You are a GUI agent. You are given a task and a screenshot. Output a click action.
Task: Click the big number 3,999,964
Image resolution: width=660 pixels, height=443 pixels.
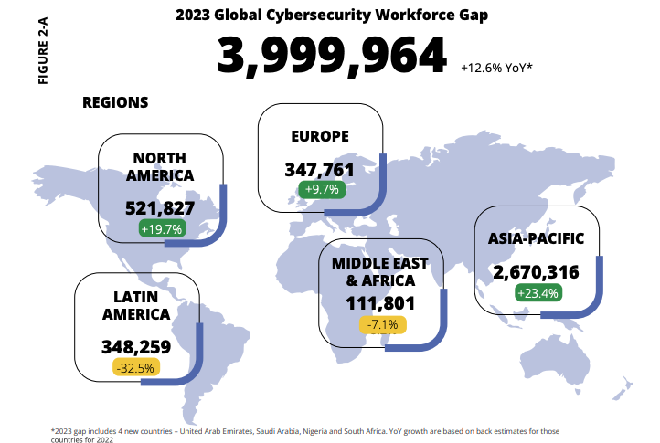click(331, 57)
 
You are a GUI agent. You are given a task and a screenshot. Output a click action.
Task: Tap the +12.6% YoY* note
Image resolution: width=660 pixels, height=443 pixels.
click(496, 68)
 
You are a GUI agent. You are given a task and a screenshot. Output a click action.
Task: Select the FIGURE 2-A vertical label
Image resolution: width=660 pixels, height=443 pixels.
click(42, 50)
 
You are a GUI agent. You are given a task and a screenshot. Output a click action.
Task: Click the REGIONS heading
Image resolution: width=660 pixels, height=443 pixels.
click(115, 102)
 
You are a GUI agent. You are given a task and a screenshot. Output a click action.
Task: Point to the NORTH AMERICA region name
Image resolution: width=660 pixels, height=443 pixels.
click(160, 166)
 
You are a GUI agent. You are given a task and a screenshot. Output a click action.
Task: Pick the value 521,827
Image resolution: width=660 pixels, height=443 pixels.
click(160, 208)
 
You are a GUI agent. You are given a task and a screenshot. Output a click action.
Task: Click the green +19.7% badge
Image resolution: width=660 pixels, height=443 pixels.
click(161, 228)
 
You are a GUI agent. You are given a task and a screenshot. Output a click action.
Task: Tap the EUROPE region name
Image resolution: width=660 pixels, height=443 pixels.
click(320, 136)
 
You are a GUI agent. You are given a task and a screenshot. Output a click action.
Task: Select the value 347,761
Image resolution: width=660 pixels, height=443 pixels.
click(319, 170)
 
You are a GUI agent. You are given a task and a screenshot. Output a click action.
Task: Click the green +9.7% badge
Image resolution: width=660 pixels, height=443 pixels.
click(320, 190)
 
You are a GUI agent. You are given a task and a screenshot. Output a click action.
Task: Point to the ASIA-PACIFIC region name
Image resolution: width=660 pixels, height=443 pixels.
click(538, 238)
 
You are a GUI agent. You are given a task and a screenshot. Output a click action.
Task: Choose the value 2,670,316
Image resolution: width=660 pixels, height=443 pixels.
click(538, 272)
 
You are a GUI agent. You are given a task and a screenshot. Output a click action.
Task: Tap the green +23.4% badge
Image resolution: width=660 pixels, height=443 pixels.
click(538, 293)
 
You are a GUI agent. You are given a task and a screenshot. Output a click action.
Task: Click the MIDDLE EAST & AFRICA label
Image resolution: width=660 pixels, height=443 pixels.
click(380, 271)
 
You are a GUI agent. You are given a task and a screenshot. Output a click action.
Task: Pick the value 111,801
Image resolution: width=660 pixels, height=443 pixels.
click(380, 303)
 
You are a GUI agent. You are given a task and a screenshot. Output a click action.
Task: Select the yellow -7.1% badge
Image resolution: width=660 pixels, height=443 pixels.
click(381, 324)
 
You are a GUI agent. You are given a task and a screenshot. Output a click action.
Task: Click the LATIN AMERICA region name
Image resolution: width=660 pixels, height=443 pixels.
click(136, 305)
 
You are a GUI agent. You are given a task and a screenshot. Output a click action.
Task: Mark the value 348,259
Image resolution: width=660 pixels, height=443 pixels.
click(136, 347)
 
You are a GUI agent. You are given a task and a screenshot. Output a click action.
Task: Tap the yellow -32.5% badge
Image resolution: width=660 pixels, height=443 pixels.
click(136, 367)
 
